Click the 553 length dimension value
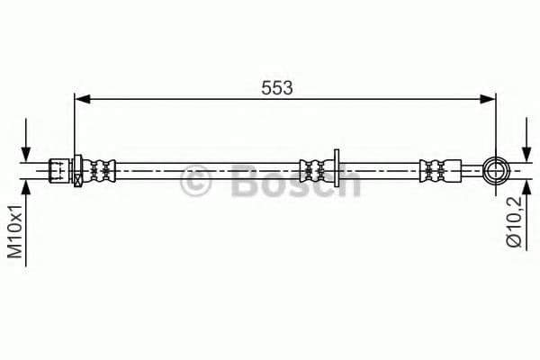277,86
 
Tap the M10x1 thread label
15,231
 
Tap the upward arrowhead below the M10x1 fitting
27,184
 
